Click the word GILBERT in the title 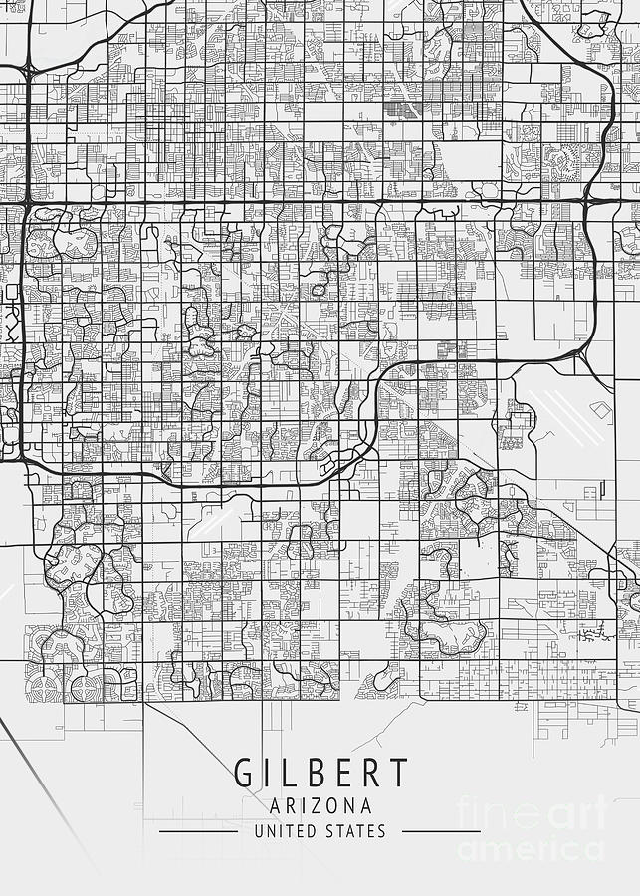tap(320, 773)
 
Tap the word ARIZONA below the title tap(320, 805)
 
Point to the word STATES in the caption tap(356, 831)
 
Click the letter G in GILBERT tap(244, 773)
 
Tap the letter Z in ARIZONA tap(320, 805)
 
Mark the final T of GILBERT tap(397, 773)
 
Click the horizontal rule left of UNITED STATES tap(198, 831)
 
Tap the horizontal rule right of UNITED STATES tap(442, 831)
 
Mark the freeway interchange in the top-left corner tap(24, 71)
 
